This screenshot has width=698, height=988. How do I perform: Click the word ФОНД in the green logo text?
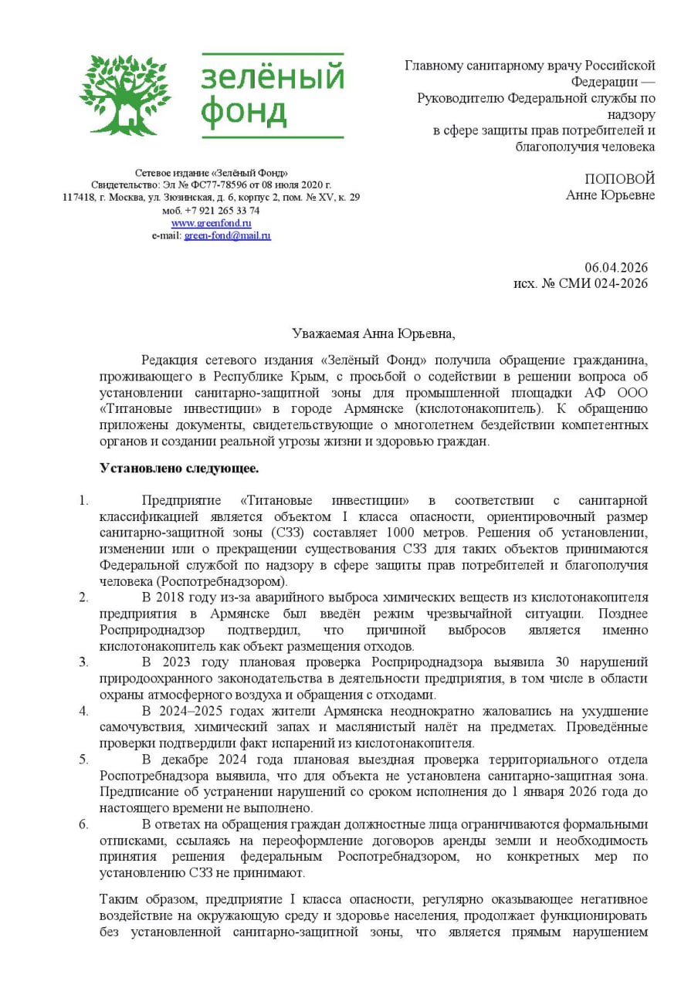[x=243, y=113]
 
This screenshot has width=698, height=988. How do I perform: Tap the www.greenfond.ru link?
[x=211, y=223]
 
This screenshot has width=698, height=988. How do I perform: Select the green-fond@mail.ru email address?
[x=227, y=235]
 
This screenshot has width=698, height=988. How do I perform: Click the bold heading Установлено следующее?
[x=179, y=468]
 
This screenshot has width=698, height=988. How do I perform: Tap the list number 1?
[x=84, y=500]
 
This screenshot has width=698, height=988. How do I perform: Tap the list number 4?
[x=84, y=711]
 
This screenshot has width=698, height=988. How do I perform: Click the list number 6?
[x=84, y=824]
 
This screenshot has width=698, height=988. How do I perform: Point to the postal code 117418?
[x=78, y=198]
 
